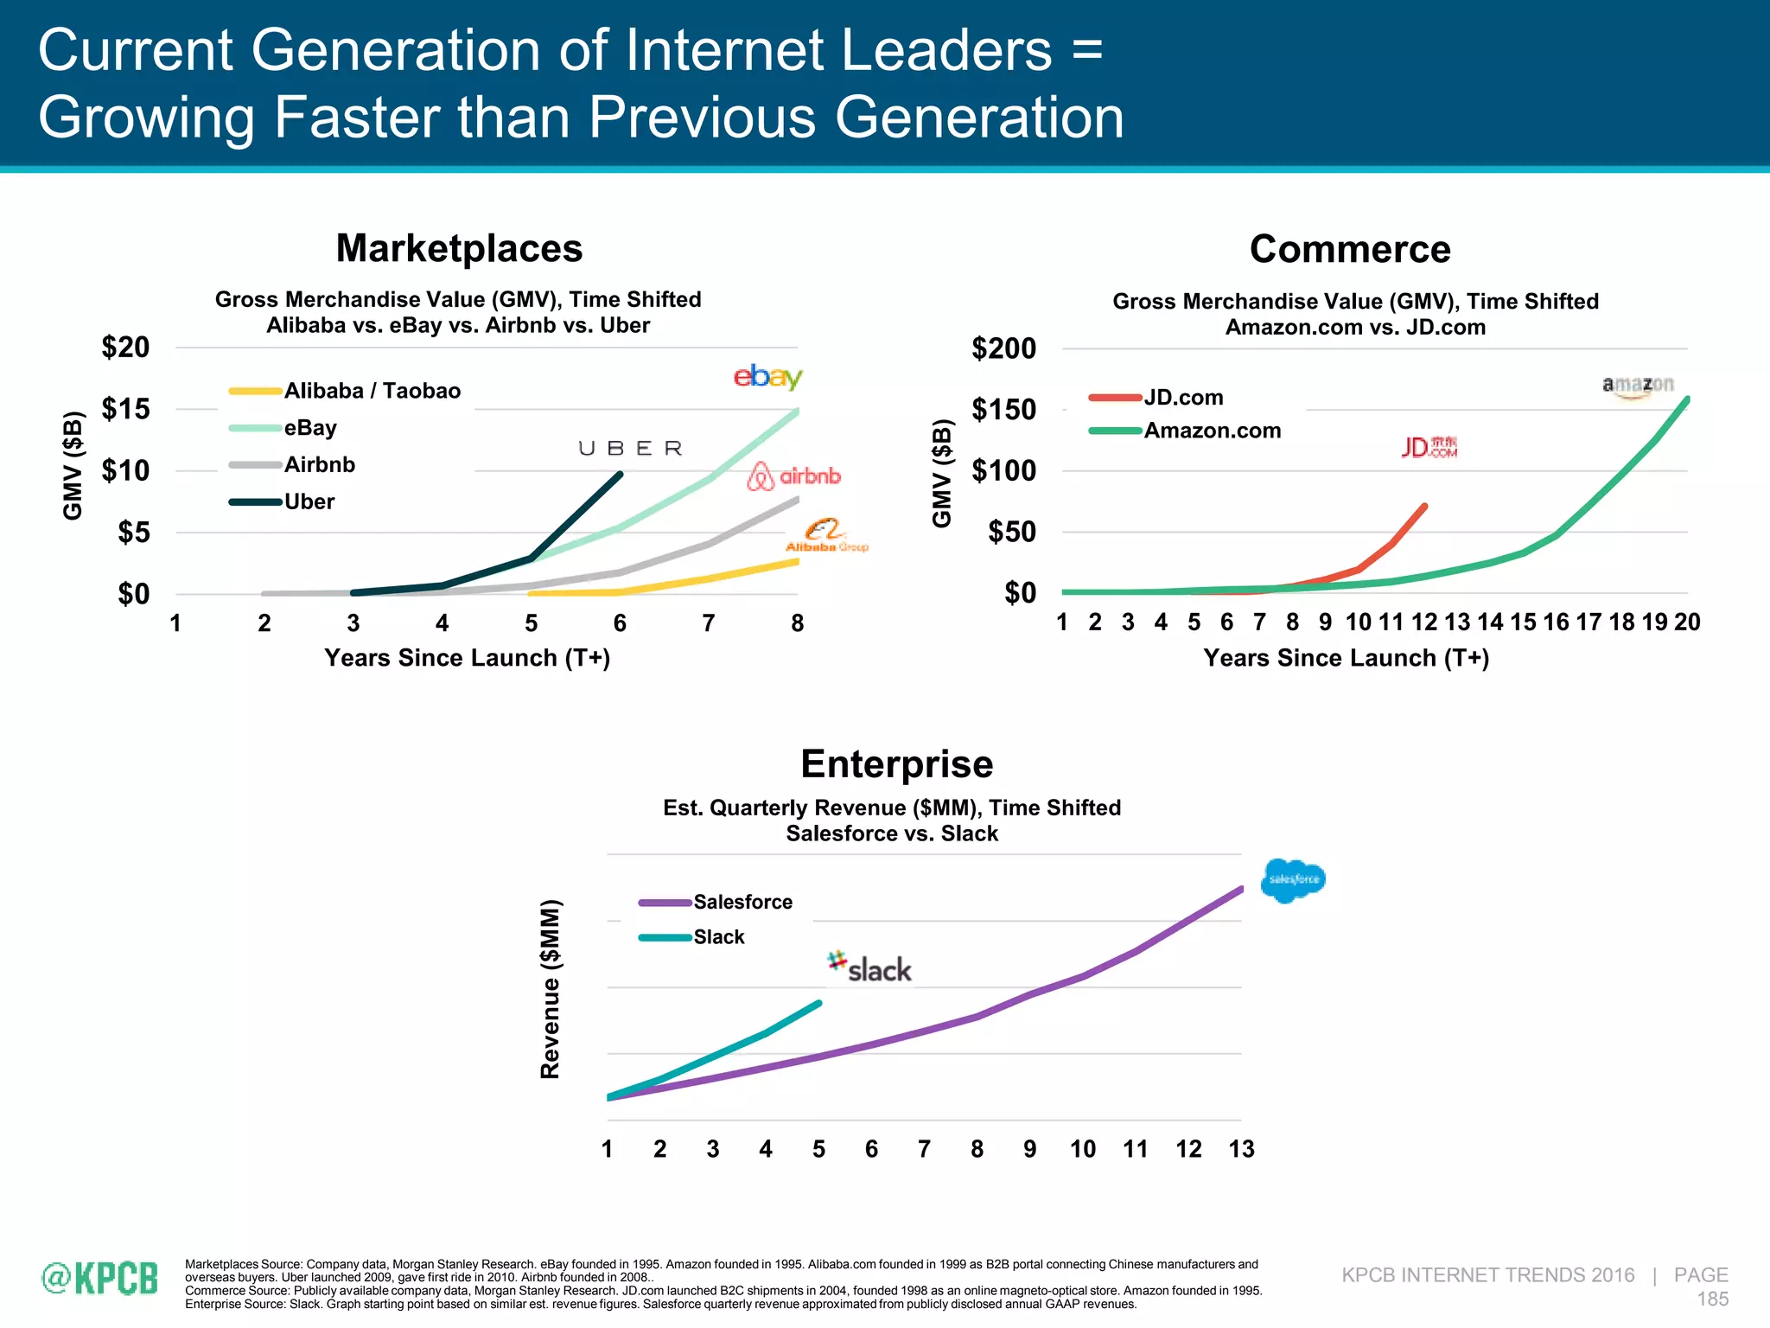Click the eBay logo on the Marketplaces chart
click(x=767, y=377)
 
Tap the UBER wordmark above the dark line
click(x=630, y=448)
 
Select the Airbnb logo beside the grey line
click(x=793, y=476)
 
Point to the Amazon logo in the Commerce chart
click(x=1638, y=386)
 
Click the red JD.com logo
click(x=1429, y=447)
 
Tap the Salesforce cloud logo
click(x=1292, y=880)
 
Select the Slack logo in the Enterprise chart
click(x=869, y=967)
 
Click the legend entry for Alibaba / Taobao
click(x=372, y=391)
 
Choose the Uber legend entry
click(x=309, y=501)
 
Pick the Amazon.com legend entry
click(x=1212, y=431)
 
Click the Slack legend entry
click(x=718, y=937)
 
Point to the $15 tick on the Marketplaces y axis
click(x=126, y=409)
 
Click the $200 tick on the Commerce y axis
click(x=1003, y=348)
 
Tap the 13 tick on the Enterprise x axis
click(x=1241, y=1149)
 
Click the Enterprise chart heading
click(x=896, y=764)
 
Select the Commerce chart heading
click(x=1349, y=249)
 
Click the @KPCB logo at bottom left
click(x=100, y=1279)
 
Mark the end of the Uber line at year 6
click(x=620, y=474)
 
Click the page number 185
click(x=1712, y=1299)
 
